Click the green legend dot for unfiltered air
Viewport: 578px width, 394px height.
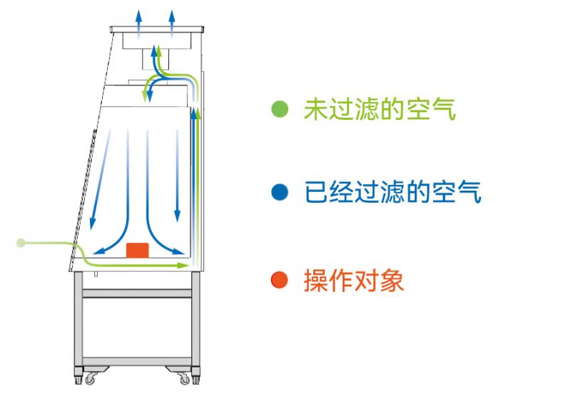click(280, 108)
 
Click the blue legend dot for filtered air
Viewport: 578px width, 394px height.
click(280, 192)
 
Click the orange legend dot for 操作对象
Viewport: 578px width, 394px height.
click(279, 280)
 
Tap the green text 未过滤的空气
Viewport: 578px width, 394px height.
click(380, 109)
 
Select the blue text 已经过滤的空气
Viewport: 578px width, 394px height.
click(393, 192)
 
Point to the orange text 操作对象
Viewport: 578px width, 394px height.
click(353, 280)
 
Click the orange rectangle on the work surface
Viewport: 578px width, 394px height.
click(138, 251)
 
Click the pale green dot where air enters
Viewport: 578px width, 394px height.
click(21, 243)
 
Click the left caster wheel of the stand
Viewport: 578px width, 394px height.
click(90, 378)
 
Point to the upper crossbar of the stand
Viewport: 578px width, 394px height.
click(137, 293)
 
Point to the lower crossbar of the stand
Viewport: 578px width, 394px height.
click(137, 361)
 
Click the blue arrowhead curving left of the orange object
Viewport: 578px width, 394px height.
click(98, 251)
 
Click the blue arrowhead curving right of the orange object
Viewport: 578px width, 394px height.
click(178, 251)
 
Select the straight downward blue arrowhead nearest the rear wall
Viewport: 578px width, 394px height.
click(177, 216)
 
